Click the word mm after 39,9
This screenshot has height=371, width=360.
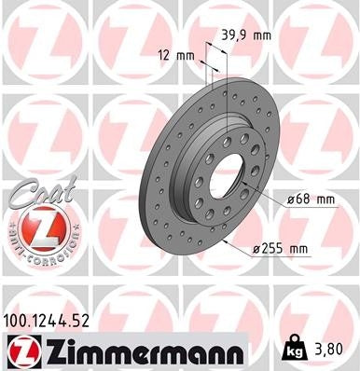[264, 35]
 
